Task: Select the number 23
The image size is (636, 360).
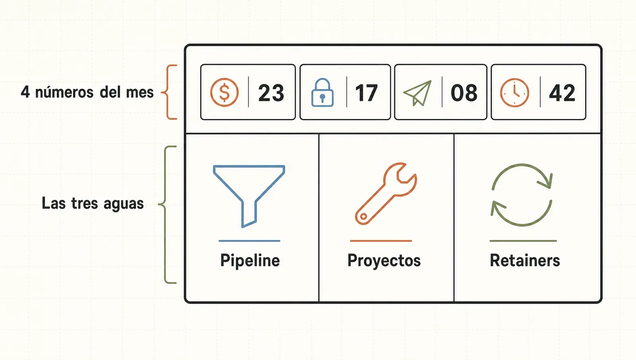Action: (271, 93)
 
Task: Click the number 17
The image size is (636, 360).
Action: (366, 93)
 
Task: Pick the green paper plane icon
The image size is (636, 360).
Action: (418, 93)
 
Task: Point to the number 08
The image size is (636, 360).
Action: (464, 93)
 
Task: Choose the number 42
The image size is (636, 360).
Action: (562, 93)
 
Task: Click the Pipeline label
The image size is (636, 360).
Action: (250, 261)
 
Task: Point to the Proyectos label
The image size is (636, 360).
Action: (384, 261)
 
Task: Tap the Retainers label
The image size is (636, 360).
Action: (525, 260)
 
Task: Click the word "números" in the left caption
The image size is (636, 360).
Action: (64, 92)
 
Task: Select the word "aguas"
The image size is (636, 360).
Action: (124, 204)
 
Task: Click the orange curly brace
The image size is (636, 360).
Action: (167, 92)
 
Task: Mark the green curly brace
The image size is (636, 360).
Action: (165, 215)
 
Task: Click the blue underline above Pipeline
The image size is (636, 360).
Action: (249, 241)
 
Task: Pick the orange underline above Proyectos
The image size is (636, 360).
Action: (381, 241)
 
